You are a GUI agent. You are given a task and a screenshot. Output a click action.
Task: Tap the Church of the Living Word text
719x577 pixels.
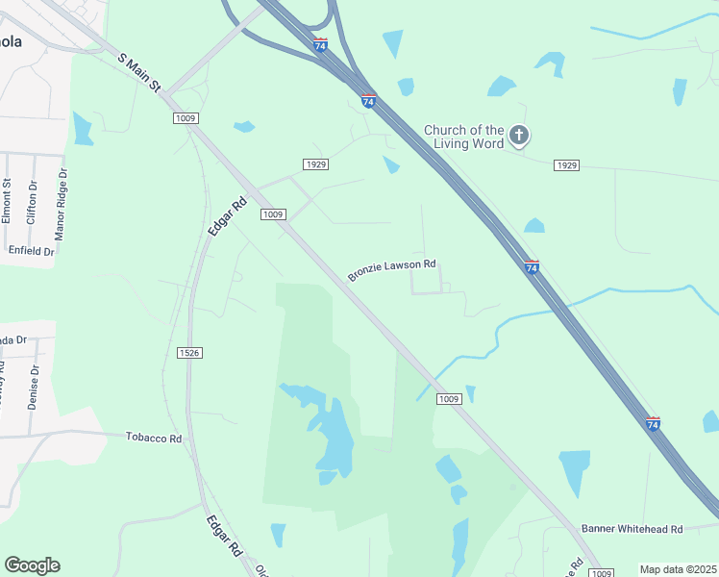[465, 137]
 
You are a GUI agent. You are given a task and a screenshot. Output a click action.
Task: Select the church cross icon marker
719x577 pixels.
[519, 135]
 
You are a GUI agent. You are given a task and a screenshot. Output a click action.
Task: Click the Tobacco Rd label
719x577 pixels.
[154, 438]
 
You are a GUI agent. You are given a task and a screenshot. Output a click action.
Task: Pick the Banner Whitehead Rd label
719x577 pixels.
[632, 529]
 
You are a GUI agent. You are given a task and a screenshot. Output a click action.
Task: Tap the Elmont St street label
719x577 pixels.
[7, 201]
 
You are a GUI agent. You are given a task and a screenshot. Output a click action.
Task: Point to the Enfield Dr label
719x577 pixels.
[31, 250]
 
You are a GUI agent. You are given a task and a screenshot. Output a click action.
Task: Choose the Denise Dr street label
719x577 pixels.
[34, 387]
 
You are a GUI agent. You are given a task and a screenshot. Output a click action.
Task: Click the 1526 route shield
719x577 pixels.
[189, 353]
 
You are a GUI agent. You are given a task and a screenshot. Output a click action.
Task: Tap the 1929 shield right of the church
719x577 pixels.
[566, 165]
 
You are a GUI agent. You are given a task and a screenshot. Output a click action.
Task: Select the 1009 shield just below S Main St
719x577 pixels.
[186, 117]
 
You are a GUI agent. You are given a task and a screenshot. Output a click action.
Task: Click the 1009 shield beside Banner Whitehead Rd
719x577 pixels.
[600, 573]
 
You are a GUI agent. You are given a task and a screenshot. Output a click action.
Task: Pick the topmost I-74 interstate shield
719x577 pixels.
[320, 45]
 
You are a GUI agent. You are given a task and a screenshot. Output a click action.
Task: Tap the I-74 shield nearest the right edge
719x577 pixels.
[653, 423]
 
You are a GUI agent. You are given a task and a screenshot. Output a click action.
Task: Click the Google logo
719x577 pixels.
[32, 565]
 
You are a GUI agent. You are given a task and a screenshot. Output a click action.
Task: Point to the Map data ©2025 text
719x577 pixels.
[677, 569]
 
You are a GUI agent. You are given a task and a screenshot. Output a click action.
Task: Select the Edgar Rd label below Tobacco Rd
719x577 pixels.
[223, 537]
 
